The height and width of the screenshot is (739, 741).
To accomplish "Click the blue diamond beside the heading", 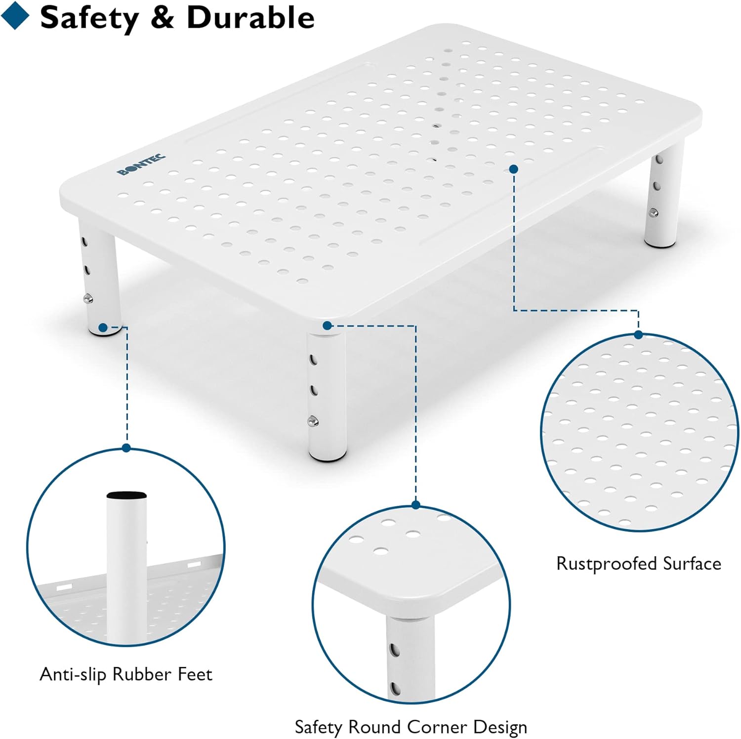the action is tap(15, 15).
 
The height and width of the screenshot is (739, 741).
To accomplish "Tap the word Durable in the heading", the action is tap(250, 18).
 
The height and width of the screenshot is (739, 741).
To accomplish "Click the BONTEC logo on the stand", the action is tap(141, 165).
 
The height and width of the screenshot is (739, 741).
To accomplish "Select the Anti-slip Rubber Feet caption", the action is tap(126, 674).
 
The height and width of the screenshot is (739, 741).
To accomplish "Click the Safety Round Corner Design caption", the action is tap(411, 727).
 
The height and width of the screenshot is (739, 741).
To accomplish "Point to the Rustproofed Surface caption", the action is tap(639, 564).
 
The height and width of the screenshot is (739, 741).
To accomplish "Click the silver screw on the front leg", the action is tap(312, 421).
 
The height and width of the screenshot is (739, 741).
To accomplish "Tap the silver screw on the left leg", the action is tap(88, 298).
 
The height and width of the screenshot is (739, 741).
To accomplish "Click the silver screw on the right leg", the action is tap(653, 213).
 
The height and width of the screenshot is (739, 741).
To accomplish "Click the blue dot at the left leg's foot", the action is tap(103, 328).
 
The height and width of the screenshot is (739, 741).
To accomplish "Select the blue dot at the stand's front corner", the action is tap(327, 326).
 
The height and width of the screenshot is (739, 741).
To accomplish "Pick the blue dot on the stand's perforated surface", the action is tap(514, 169).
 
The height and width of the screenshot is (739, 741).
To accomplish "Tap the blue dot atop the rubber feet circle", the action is tap(126, 448).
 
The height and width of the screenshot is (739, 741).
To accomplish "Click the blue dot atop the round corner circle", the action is tap(416, 505).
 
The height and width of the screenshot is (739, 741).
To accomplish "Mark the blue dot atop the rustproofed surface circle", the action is tap(638, 335).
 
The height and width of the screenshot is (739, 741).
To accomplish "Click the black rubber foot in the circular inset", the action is tap(126, 495).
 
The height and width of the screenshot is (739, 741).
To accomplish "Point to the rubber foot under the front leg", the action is tap(327, 457).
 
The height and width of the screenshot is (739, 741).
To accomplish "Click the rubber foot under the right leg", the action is tap(663, 243).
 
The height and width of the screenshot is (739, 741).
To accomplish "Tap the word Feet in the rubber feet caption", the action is tap(195, 674).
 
